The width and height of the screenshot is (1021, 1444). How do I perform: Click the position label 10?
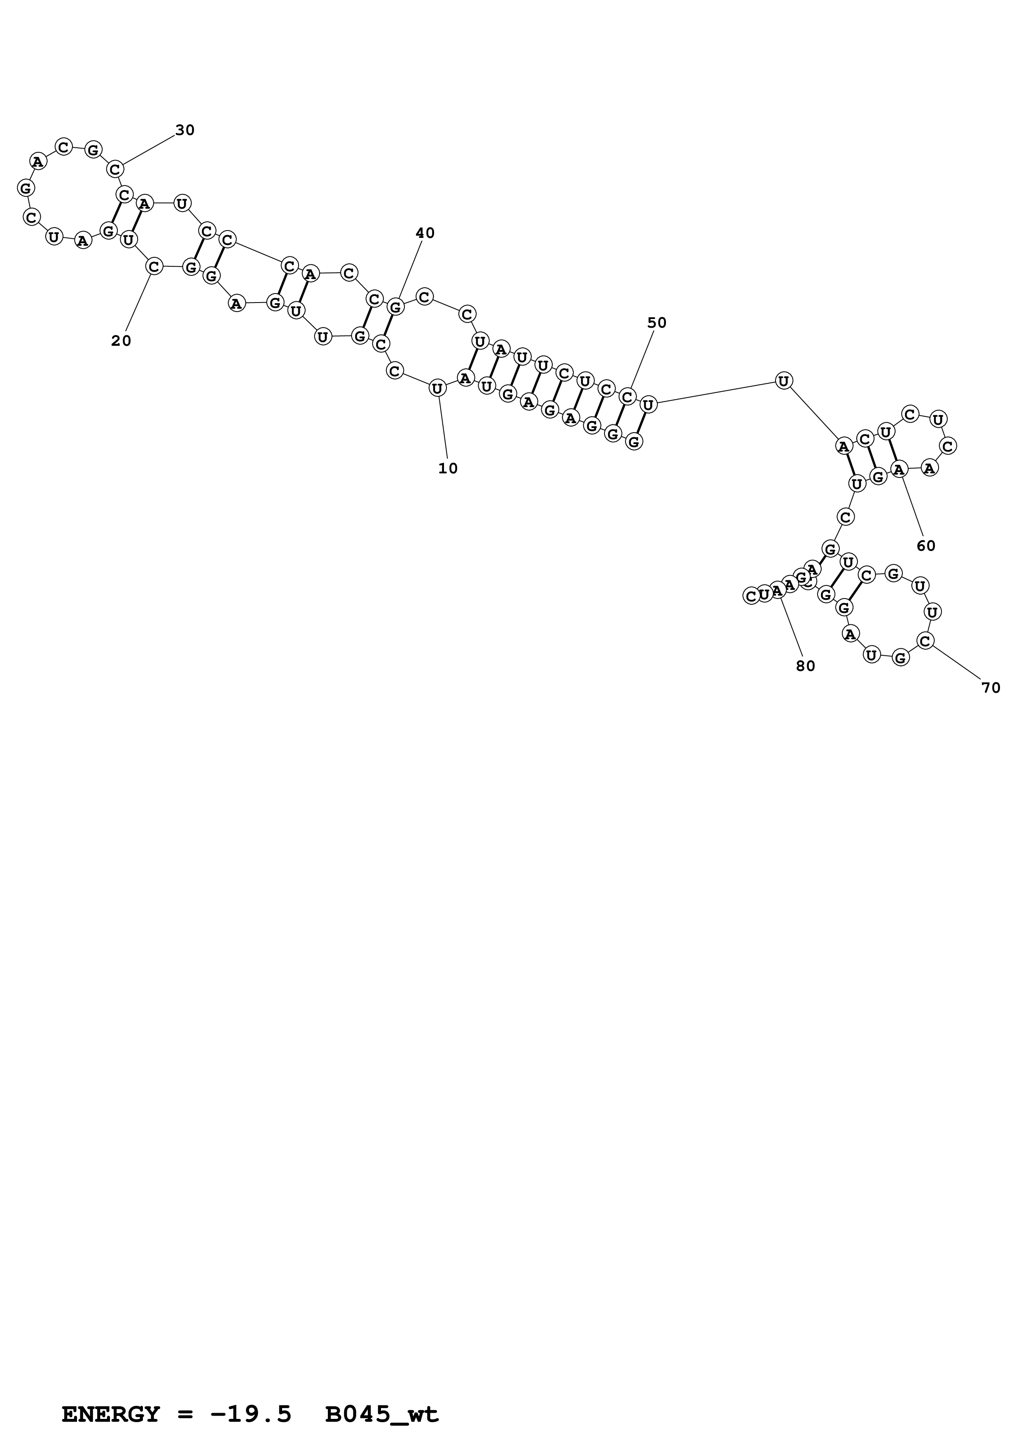448,468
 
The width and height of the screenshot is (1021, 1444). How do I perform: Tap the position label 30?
185,130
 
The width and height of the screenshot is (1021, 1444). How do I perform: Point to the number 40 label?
425,233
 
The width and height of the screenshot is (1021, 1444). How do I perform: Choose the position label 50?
657,323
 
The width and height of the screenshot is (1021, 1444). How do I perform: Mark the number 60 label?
926,546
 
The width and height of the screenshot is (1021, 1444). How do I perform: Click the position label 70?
991,688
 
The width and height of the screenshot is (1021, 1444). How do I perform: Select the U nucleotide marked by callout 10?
437,389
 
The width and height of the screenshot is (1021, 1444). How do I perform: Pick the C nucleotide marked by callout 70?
925,641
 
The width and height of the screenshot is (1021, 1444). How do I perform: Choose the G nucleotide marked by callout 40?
395,307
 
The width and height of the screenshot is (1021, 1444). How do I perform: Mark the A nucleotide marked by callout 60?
899,469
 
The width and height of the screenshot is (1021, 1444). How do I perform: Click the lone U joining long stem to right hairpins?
783,380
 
